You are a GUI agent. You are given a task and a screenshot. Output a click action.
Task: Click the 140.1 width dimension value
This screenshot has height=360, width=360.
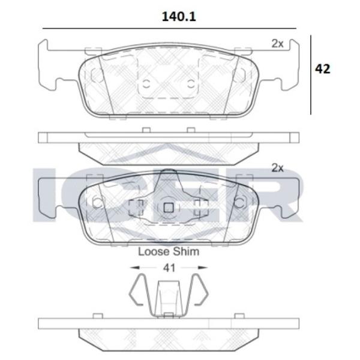pos(179,17)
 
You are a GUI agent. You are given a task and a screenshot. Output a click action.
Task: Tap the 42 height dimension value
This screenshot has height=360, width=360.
pos(322,68)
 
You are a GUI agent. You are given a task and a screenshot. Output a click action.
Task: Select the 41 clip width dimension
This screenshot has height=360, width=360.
pos(169,268)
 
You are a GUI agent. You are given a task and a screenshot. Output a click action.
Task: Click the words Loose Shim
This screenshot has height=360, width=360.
pos(169,251)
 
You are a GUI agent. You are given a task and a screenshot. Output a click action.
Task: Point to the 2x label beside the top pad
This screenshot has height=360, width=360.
pos(278,44)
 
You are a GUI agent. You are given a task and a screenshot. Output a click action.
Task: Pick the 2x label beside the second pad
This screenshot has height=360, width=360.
pos(278,168)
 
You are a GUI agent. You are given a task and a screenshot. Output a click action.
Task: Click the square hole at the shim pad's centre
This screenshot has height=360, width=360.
pos(169,208)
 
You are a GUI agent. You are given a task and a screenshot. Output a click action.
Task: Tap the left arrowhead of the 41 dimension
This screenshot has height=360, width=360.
pos(135,268)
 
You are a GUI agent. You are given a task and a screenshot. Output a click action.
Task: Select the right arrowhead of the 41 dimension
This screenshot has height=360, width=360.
pos(203,268)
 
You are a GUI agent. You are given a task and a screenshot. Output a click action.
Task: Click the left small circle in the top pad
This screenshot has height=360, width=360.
pos(146,84)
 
